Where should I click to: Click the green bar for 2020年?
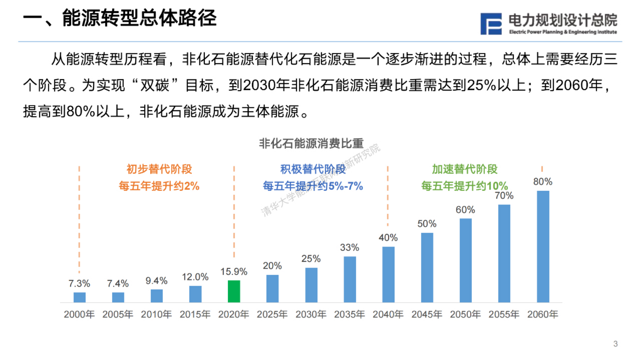(234, 291)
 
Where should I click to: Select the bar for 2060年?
(543, 246)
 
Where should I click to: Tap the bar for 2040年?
(388, 274)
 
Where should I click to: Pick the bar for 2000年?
(80, 297)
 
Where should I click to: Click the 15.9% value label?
(234, 272)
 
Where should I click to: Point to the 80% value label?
(542, 182)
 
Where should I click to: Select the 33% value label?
(349, 248)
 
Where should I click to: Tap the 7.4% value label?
(118, 284)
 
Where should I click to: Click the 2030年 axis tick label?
(311, 314)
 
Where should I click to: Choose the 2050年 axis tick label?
(465, 314)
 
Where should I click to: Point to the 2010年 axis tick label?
(156, 314)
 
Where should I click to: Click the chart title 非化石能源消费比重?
(311, 143)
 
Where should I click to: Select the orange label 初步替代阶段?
(159, 169)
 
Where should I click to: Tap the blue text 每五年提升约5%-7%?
(313, 186)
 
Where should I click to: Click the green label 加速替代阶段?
(464, 169)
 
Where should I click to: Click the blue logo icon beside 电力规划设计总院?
(491, 24)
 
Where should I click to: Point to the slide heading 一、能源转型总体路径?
(120, 18)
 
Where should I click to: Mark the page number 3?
(615, 344)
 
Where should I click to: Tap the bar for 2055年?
(504, 253)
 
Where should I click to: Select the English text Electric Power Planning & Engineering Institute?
(563, 32)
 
